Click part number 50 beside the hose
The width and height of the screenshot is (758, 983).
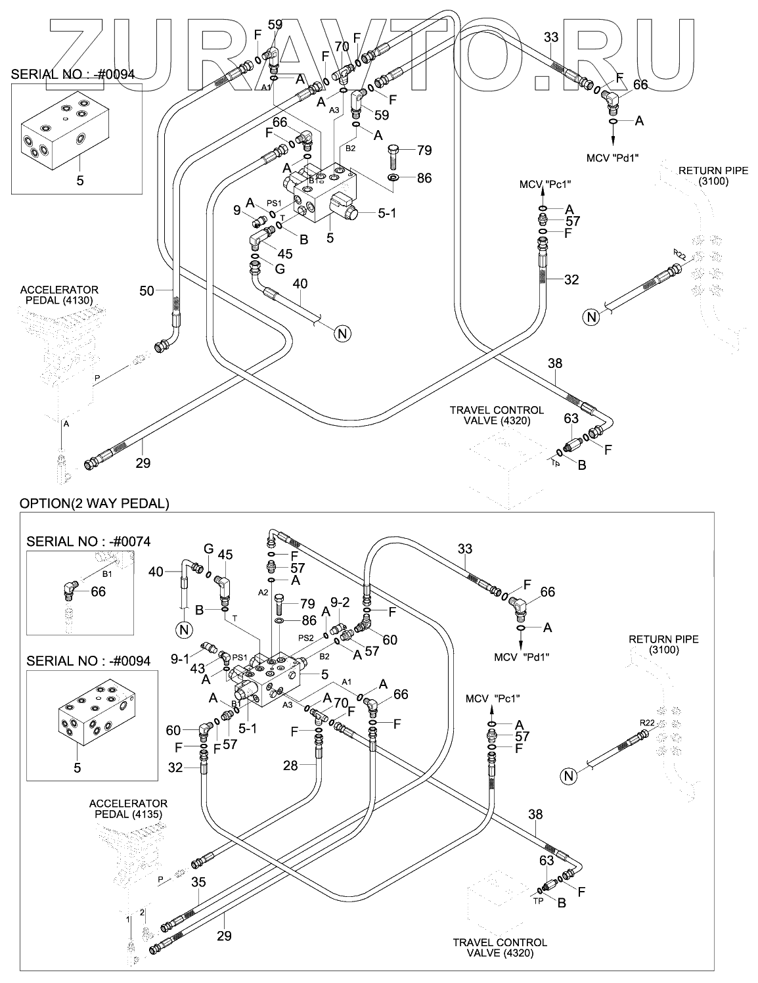(146, 289)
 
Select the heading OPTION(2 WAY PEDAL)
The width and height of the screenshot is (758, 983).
(95, 504)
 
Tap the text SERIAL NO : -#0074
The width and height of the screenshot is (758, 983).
(88, 541)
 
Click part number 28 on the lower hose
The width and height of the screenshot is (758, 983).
(290, 766)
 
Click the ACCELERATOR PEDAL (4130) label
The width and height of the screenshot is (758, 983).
(59, 295)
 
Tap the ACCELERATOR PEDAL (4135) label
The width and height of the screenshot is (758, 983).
(128, 809)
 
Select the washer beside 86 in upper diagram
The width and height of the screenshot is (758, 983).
(393, 178)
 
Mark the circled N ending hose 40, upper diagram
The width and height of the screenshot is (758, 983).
(342, 333)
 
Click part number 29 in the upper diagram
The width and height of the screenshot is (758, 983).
(143, 463)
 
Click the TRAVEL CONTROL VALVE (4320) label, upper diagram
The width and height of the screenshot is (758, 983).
(487, 415)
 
